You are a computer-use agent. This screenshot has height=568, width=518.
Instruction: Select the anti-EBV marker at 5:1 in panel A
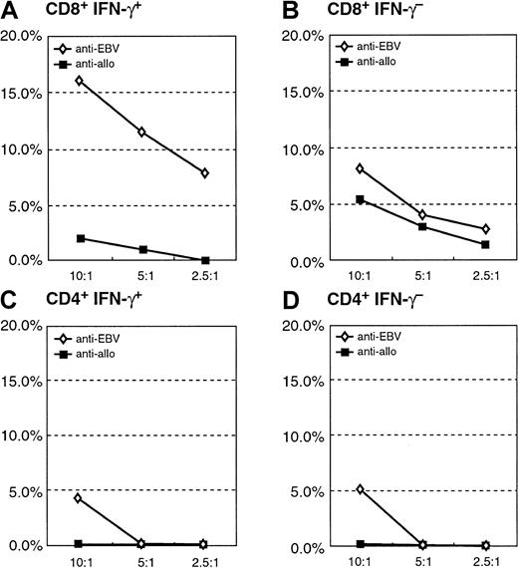point(143,132)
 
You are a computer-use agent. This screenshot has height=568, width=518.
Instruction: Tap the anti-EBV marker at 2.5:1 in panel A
point(205,173)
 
